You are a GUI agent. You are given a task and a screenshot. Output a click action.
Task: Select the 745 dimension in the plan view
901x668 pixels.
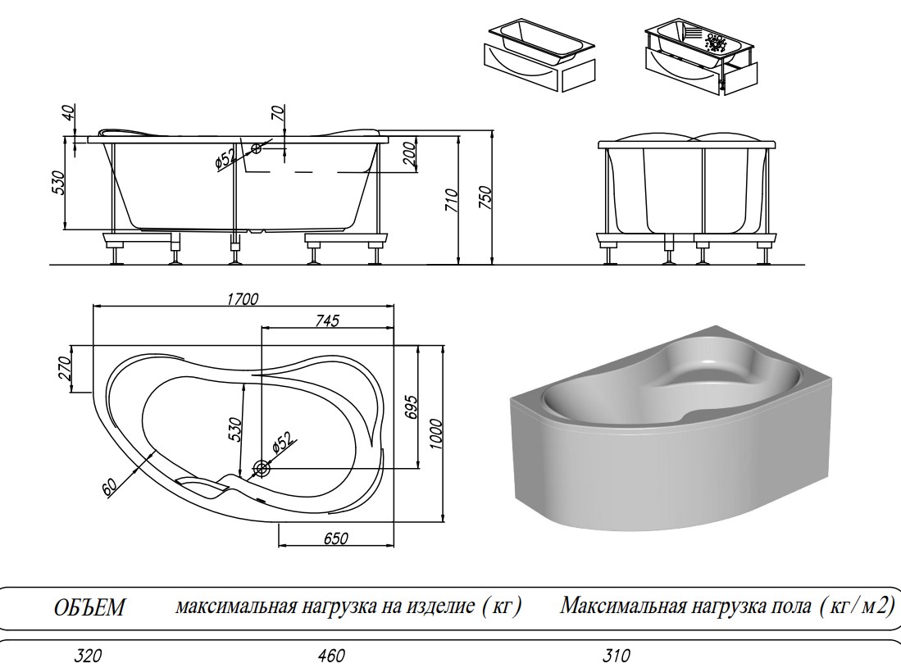(324, 320)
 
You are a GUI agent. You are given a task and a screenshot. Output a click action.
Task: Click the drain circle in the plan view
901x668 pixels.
(262, 469)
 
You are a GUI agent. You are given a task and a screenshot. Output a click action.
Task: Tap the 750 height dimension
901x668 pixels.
(485, 198)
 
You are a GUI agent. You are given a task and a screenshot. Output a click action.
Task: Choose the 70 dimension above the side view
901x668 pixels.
(277, 115)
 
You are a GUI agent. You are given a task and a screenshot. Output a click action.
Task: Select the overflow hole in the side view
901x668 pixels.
(257, 148)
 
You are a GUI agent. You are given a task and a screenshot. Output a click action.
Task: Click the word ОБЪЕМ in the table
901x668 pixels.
(89, 608)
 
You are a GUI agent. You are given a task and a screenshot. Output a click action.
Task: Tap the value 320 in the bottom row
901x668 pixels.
(89, 656)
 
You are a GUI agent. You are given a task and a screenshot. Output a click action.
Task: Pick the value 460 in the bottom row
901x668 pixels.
(332, 656)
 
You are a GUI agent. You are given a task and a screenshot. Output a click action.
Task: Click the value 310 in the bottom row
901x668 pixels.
(617, 656)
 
